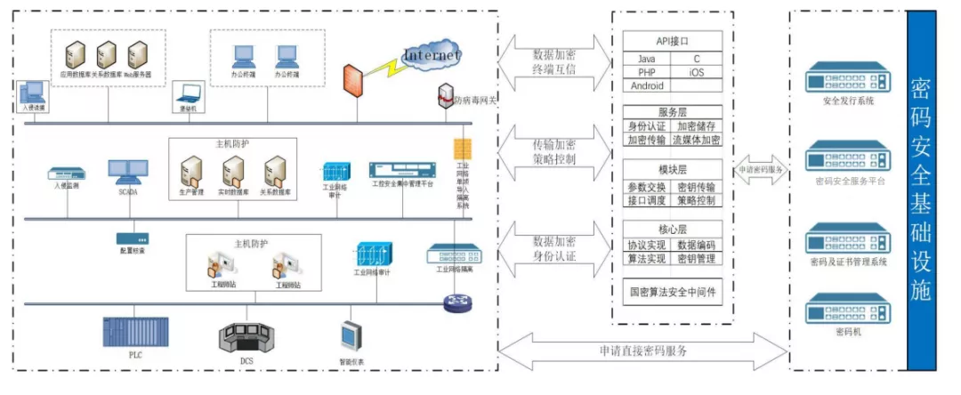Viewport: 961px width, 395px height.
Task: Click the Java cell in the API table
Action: (646, 59)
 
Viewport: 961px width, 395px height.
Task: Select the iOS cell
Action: (696, 72)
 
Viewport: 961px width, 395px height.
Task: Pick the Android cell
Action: (646, 85)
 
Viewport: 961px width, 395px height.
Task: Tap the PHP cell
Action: (646, 72)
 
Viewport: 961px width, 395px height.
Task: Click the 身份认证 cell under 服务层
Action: (647, 126)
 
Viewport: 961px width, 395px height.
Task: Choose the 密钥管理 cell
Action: (696, 259)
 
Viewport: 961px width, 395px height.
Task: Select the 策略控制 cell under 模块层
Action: (696, 201)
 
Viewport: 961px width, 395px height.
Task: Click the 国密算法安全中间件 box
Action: (673, 291)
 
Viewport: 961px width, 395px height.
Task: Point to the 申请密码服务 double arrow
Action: (761, 169)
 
